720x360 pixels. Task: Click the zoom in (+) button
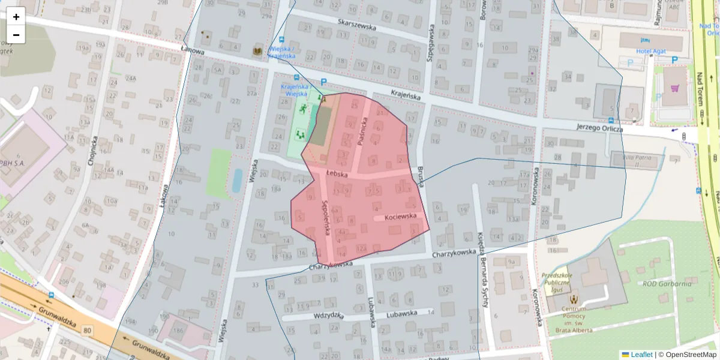click(16, 16)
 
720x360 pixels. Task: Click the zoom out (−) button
click(16, 34)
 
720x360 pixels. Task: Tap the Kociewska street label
click(401, 217)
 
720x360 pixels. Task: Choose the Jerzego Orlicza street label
click(599, 128)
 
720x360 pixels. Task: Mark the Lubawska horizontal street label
click(401, 313)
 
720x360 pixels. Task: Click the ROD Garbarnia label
click(667, 284)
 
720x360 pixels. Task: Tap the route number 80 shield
click(88, 330)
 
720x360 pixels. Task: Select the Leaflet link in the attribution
click(641, 355)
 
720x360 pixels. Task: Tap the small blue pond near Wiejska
click(237, 180)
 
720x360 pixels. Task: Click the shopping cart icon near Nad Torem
click(674, 88)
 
